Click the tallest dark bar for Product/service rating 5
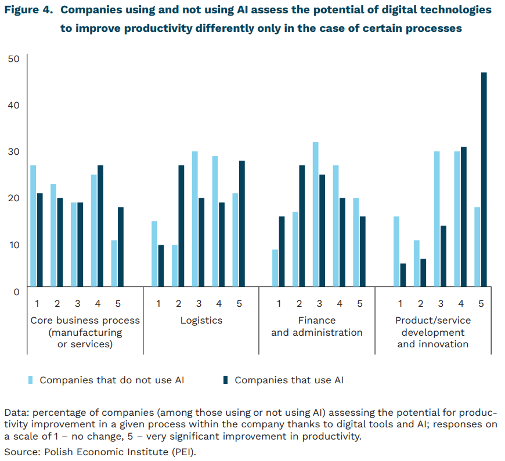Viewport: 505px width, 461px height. [484, 180]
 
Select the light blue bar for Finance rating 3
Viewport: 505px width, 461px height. [316, 215]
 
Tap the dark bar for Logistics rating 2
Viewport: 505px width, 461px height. [181, 226]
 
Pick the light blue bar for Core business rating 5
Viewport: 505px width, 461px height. [114, 263]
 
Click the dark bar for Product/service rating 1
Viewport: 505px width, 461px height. [403, 275]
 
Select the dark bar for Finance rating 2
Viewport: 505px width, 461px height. [302, 226]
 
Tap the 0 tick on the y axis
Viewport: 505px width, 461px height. [16, 291]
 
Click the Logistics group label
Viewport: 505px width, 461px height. [201, 320]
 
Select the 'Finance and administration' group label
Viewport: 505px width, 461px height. [317, 326]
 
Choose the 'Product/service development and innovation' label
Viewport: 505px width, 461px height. [433, 332]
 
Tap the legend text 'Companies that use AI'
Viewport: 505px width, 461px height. [289, 380]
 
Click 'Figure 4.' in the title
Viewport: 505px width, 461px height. [29, 10]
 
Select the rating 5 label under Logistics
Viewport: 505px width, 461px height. [239, 303]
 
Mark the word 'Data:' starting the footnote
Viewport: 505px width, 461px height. [16, 413]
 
